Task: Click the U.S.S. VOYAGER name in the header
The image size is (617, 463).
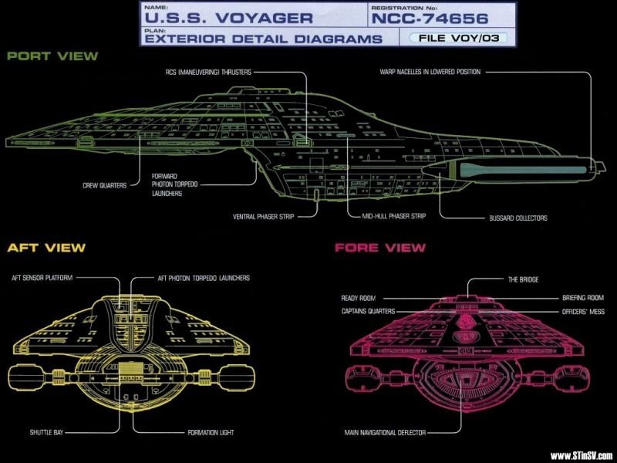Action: (228, 18)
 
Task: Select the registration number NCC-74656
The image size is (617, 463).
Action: (430, 18)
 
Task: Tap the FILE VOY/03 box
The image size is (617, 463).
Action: (458, 38)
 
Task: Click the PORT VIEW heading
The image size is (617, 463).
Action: (52, 56)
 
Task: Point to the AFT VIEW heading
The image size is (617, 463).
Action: (46, 248)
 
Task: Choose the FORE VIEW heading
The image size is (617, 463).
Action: (380, 248)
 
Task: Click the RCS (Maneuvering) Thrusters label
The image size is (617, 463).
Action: (208, 72)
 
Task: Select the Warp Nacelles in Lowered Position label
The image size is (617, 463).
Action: (430, 72)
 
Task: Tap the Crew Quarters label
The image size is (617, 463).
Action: (105, 185)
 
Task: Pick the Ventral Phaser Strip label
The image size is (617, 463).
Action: (263, 217)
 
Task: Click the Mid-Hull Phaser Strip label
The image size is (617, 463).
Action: (394, 216)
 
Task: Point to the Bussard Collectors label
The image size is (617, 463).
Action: (518, 218)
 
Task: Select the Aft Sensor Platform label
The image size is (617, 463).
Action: (42, 278)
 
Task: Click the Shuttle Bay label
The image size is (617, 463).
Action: (46, 432)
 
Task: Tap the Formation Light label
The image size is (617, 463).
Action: (211, 432)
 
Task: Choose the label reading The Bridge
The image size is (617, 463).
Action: (524, 279)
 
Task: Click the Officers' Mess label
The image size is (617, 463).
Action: (583, 312)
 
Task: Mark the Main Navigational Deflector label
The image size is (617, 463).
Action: (385, 433)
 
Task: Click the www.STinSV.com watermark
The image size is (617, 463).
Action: (582, 456)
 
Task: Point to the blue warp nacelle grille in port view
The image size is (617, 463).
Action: (524, 170)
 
